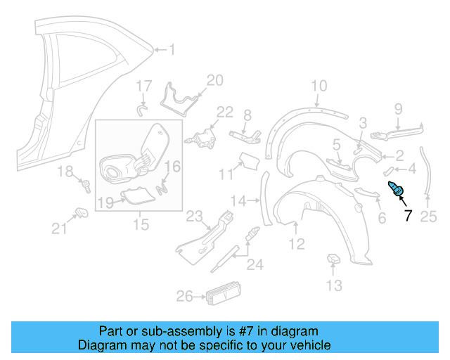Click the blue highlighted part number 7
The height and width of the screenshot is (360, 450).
[x=397, y=188]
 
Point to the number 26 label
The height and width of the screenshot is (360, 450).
[x=184, y=297]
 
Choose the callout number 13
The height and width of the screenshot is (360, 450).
[x=334, y=285]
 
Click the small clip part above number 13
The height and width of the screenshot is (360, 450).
[x=333, y=262]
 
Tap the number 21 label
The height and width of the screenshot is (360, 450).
[x=59, y=227]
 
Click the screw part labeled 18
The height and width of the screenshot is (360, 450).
[x=86, y=186]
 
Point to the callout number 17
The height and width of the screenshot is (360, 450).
[x=143, y=86]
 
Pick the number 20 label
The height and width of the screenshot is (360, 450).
[x=214, y=80]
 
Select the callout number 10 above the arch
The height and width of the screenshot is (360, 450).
[x=319, y=86]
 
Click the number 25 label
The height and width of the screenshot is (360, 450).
[x=428, y=217]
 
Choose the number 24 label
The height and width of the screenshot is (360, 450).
[x=254, y=265]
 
